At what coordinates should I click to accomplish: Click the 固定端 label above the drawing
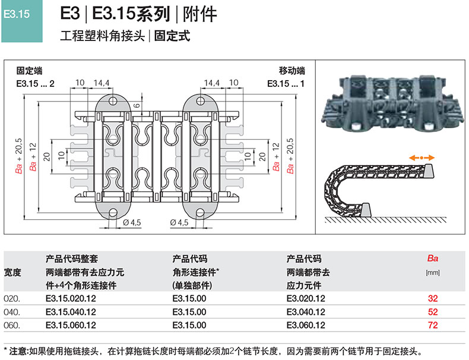point(29,71)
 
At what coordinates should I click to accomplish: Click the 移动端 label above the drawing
point(292,71)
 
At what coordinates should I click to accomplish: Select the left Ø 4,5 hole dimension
point(131,222)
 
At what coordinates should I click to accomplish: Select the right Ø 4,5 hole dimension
point(179,222)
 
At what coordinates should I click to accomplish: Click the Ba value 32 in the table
point(432,298)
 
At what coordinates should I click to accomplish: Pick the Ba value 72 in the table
point(432,326)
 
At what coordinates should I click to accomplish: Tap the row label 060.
point(12,326)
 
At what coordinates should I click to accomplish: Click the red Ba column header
point(432,259)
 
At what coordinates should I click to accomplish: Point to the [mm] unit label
point(432,273)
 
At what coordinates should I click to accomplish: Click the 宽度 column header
point(12,273)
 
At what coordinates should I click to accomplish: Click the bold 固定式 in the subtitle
point(172,36)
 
